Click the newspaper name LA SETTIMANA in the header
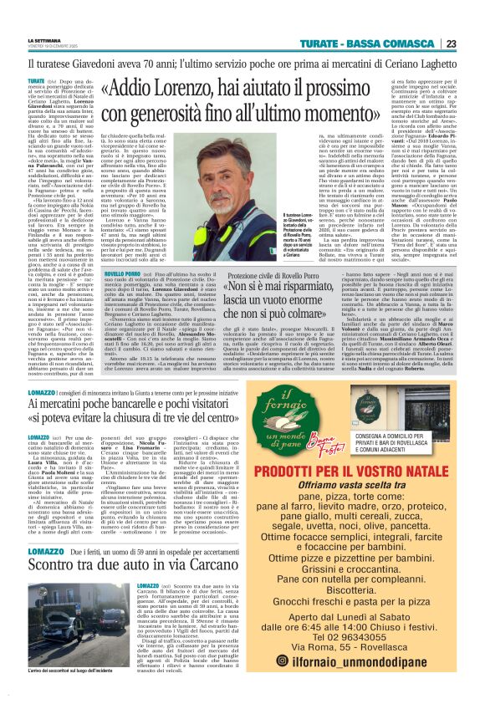(x=45, y=40)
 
